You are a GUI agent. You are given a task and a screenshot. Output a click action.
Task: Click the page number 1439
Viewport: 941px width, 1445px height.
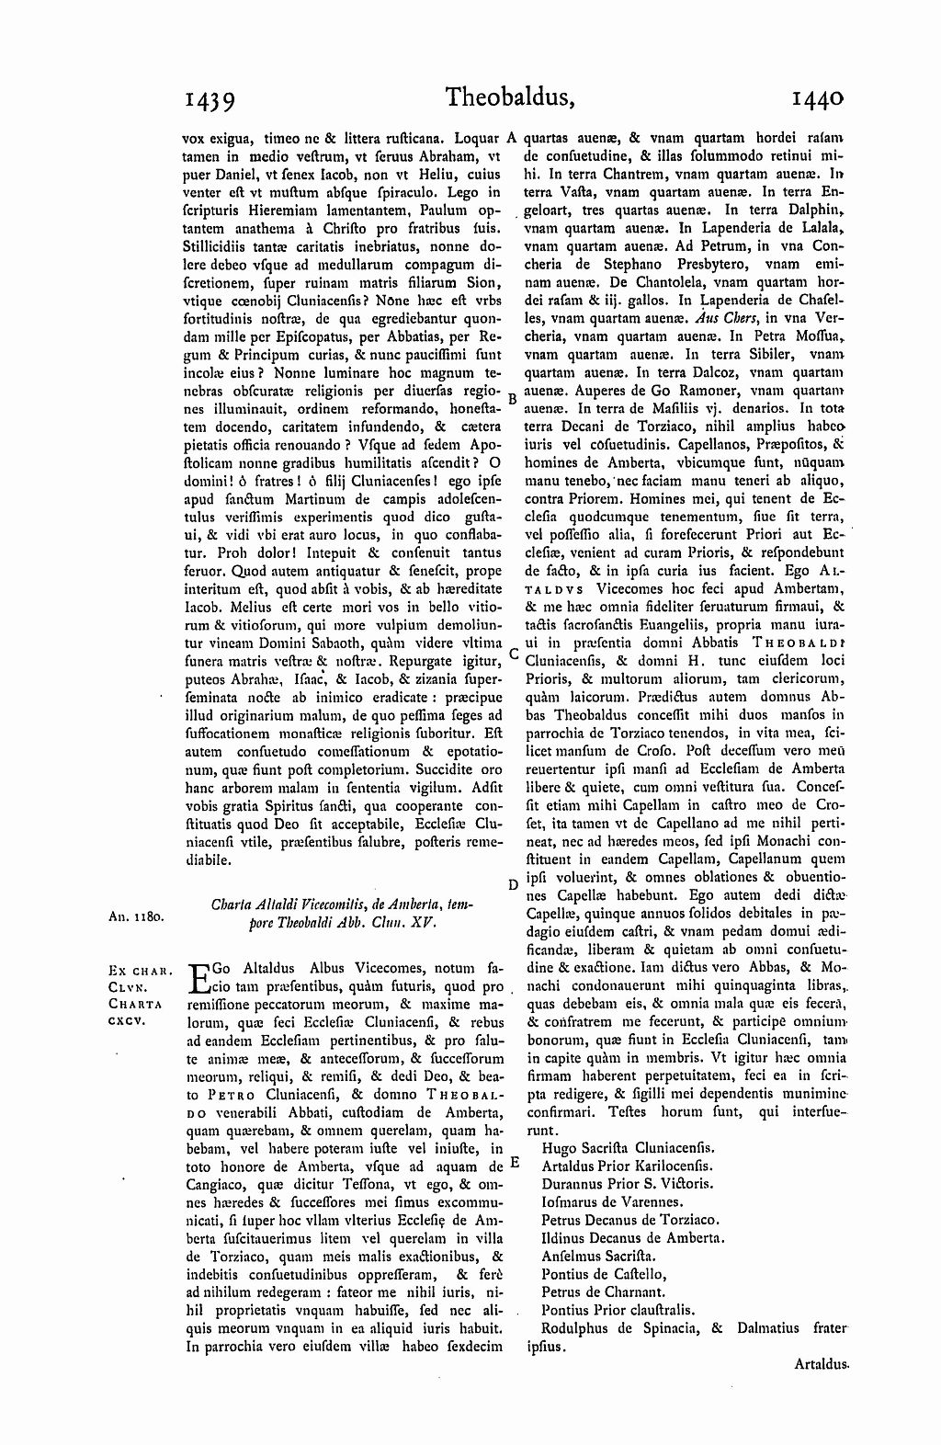212,98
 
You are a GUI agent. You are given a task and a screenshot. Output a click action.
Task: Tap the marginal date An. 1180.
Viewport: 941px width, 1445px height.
136,916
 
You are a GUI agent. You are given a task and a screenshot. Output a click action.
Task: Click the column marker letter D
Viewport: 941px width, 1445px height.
513,884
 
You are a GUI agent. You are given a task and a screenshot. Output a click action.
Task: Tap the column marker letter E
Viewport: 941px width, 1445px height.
515,1162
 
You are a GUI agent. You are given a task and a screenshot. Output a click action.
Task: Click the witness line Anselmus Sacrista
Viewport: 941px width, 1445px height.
598,1255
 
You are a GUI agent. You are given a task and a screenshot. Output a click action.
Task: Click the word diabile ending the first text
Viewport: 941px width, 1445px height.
208,861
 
